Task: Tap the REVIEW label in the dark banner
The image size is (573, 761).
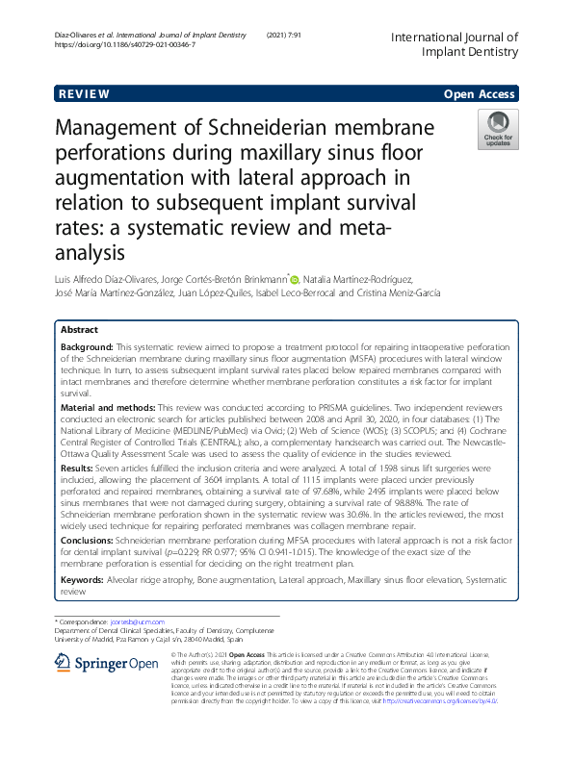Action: point(85,94)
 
